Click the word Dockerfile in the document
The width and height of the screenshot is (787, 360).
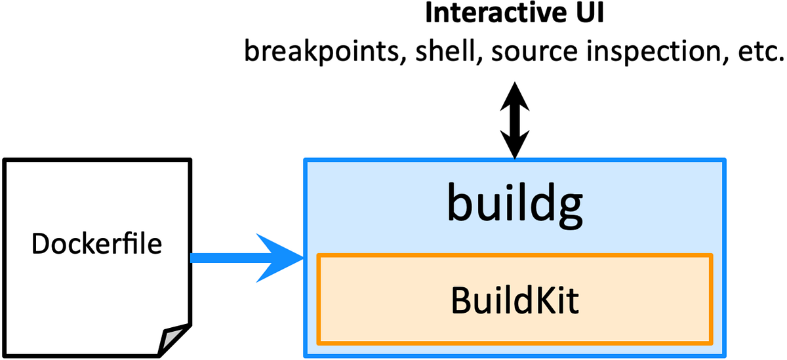click(x=96, y=245)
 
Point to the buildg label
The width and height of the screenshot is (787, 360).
click(x=514, y=205)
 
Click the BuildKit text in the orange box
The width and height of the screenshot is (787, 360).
click(x=515, y=300)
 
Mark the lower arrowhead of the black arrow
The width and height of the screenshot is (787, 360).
click(x=514, y=147)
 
